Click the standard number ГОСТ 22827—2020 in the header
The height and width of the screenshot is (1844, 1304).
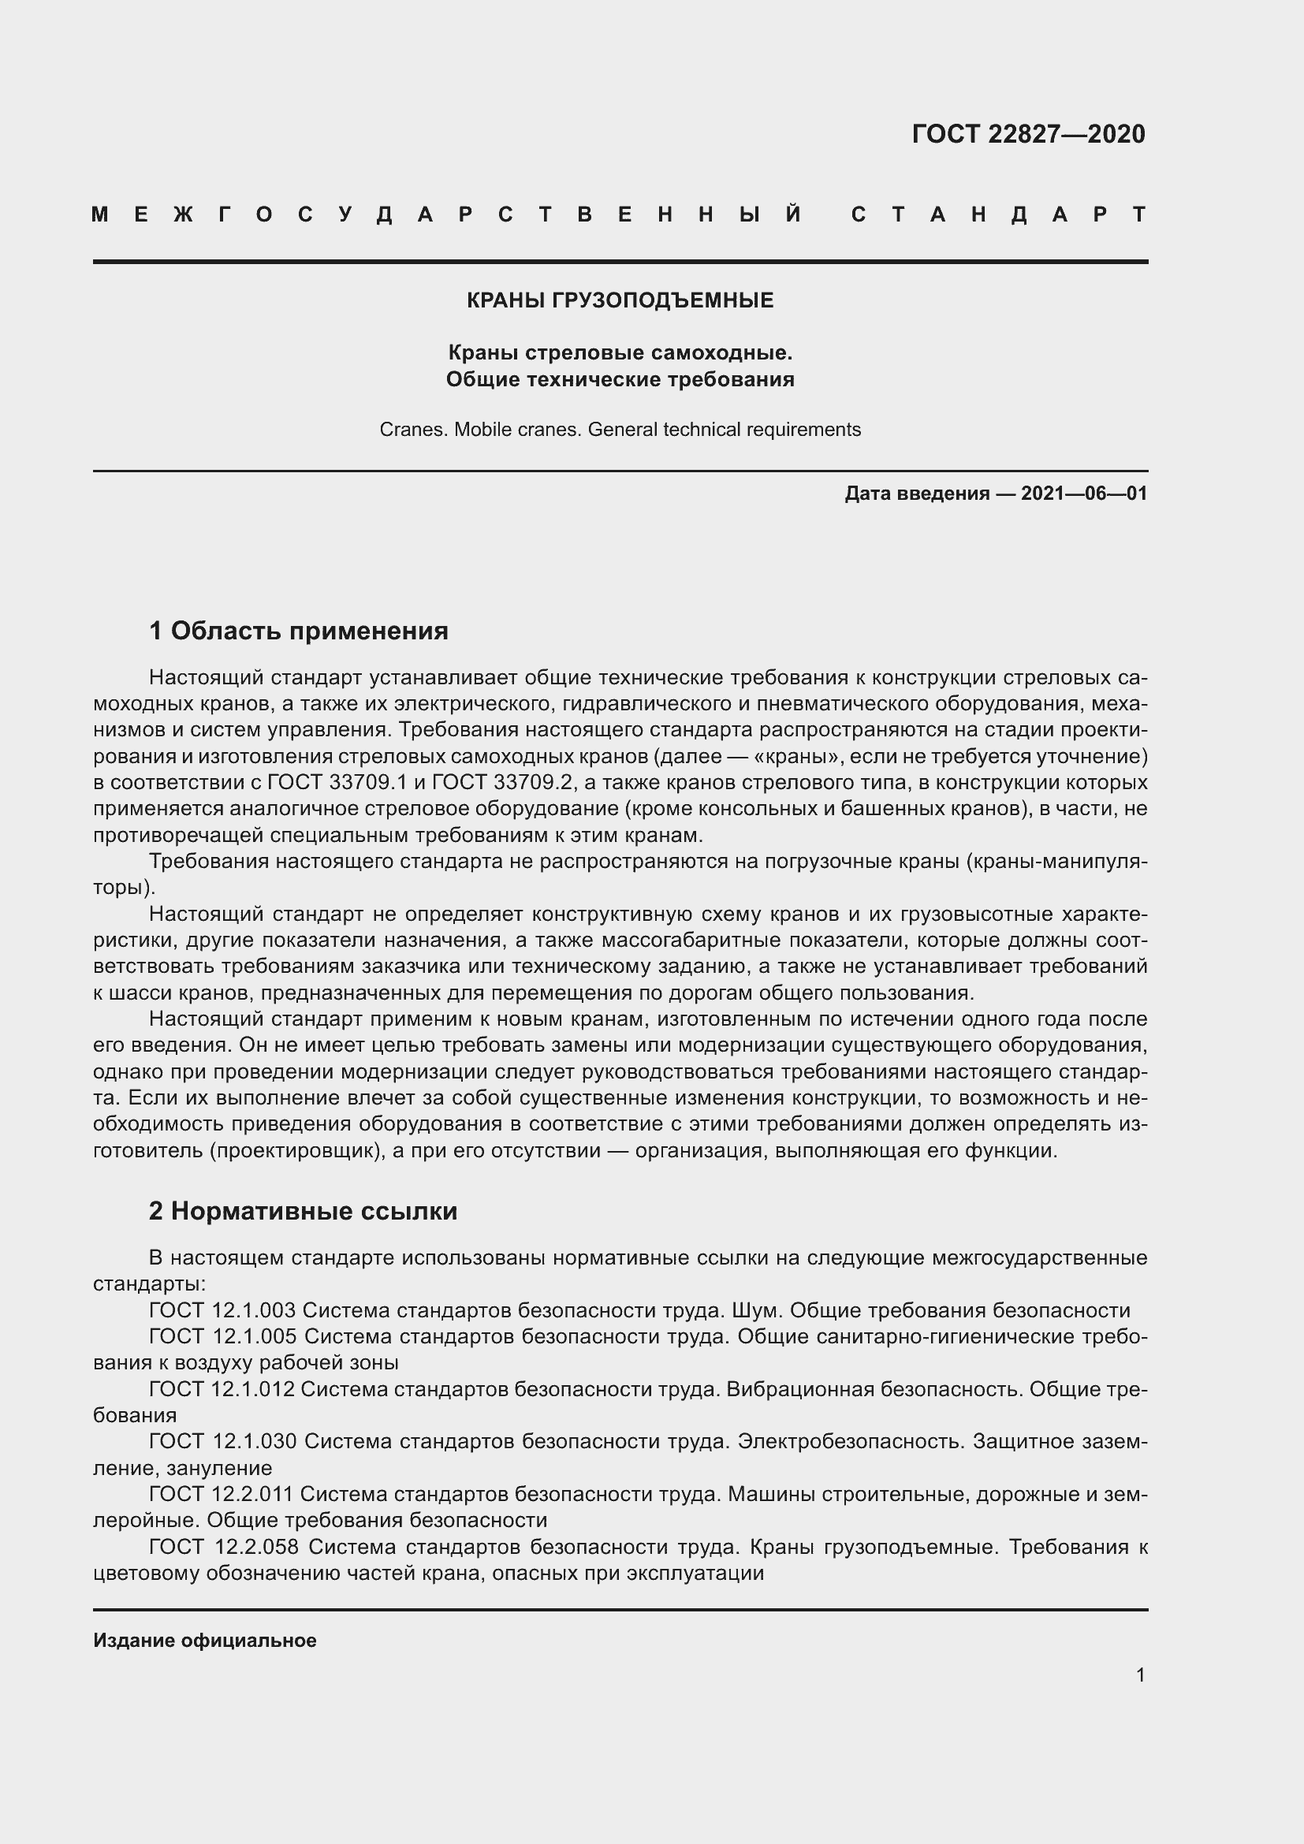click(1028, 134)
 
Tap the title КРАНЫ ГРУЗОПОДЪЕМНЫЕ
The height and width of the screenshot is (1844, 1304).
click(620, 301)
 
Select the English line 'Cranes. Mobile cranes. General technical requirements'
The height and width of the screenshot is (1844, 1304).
click(620, 430)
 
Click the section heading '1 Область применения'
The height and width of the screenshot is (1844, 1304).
click(299, 631)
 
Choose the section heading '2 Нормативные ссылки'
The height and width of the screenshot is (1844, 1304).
click(303, 1211)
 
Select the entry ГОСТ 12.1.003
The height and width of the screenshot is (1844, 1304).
click(222, 1311)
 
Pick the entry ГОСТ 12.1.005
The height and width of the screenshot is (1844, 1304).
click(222, 1337)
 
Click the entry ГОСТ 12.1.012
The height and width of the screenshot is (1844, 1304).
click(222, 1389)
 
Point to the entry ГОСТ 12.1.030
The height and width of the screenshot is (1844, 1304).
click(222, 1442)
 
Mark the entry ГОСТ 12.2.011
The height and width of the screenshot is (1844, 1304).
click(222, 1495)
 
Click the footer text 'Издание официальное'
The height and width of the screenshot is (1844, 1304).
click(205, 1641)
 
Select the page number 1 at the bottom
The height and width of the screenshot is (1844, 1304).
click(1140, 1675)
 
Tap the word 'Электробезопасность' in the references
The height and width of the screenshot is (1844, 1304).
click(851, 1442)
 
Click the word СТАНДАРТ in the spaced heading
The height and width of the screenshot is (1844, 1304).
click(999, 214)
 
